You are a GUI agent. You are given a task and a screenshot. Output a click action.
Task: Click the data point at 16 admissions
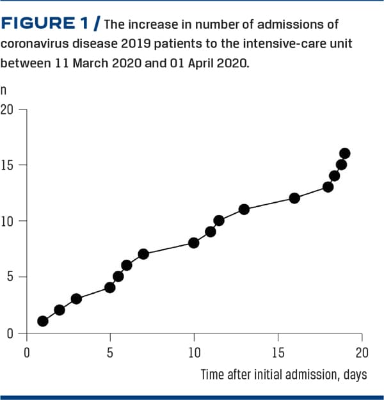[x=345, y=154]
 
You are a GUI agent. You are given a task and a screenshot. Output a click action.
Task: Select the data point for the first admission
[x=43, y=321]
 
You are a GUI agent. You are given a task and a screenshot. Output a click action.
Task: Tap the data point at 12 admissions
[x=294, y=198]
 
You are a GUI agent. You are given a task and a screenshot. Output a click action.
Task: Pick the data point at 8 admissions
[x=194, y=243]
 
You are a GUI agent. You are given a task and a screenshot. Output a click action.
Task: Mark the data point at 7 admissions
[x=143, y=254]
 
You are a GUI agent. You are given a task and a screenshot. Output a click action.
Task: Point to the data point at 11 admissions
[x=244, y=209]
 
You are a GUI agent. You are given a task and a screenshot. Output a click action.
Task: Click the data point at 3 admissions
[x=76, y=299]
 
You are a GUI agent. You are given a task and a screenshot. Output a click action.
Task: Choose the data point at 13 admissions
[x=328, y=187]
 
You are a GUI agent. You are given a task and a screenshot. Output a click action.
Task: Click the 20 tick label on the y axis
[x=7, y=109]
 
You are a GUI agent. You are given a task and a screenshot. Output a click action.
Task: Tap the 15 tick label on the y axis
[x=7, y=165]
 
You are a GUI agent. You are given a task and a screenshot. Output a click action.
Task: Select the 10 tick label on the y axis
[x=7, y=221]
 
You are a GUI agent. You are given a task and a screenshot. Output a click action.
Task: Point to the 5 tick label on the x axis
[x=110, y=353]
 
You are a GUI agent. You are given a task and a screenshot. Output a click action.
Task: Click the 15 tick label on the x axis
[x=278, y=353]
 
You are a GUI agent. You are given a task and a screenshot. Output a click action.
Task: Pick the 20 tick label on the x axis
[x=362, y=353]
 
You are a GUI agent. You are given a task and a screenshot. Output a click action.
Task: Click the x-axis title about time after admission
[x=284, y=374]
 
